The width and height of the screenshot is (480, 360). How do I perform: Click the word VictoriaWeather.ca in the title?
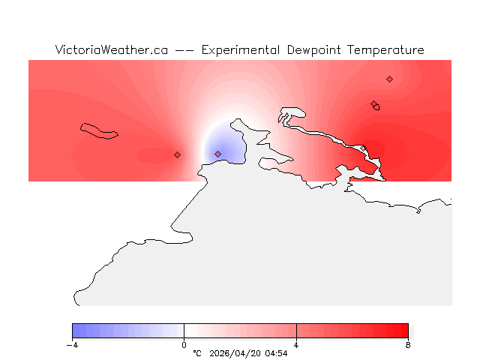pos(110,50)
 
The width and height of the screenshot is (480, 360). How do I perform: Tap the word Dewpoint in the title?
pos(316,50)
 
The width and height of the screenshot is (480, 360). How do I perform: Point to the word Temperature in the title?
pos(387,50)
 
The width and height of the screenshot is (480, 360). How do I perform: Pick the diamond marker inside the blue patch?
pos(217,154)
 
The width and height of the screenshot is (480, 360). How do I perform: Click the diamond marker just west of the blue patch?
pos(177,154)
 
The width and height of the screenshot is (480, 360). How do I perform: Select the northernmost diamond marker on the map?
pos(389,79)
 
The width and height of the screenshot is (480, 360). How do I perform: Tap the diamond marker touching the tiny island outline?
pos(373,104)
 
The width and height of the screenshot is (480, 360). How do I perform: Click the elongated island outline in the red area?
pos(99,131)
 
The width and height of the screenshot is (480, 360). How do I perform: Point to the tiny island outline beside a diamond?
pos(376,107)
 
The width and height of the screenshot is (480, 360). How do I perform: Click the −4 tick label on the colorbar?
pos(72,345)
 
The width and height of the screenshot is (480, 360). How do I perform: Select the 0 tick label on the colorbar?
pos(184,345)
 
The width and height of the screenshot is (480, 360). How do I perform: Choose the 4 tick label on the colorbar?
pos(296,345)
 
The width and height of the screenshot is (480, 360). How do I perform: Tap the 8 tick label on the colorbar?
pos(408,345)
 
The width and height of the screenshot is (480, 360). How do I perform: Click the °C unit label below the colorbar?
pos(197,353)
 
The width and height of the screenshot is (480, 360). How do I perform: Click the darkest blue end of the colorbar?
pos(76,331)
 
